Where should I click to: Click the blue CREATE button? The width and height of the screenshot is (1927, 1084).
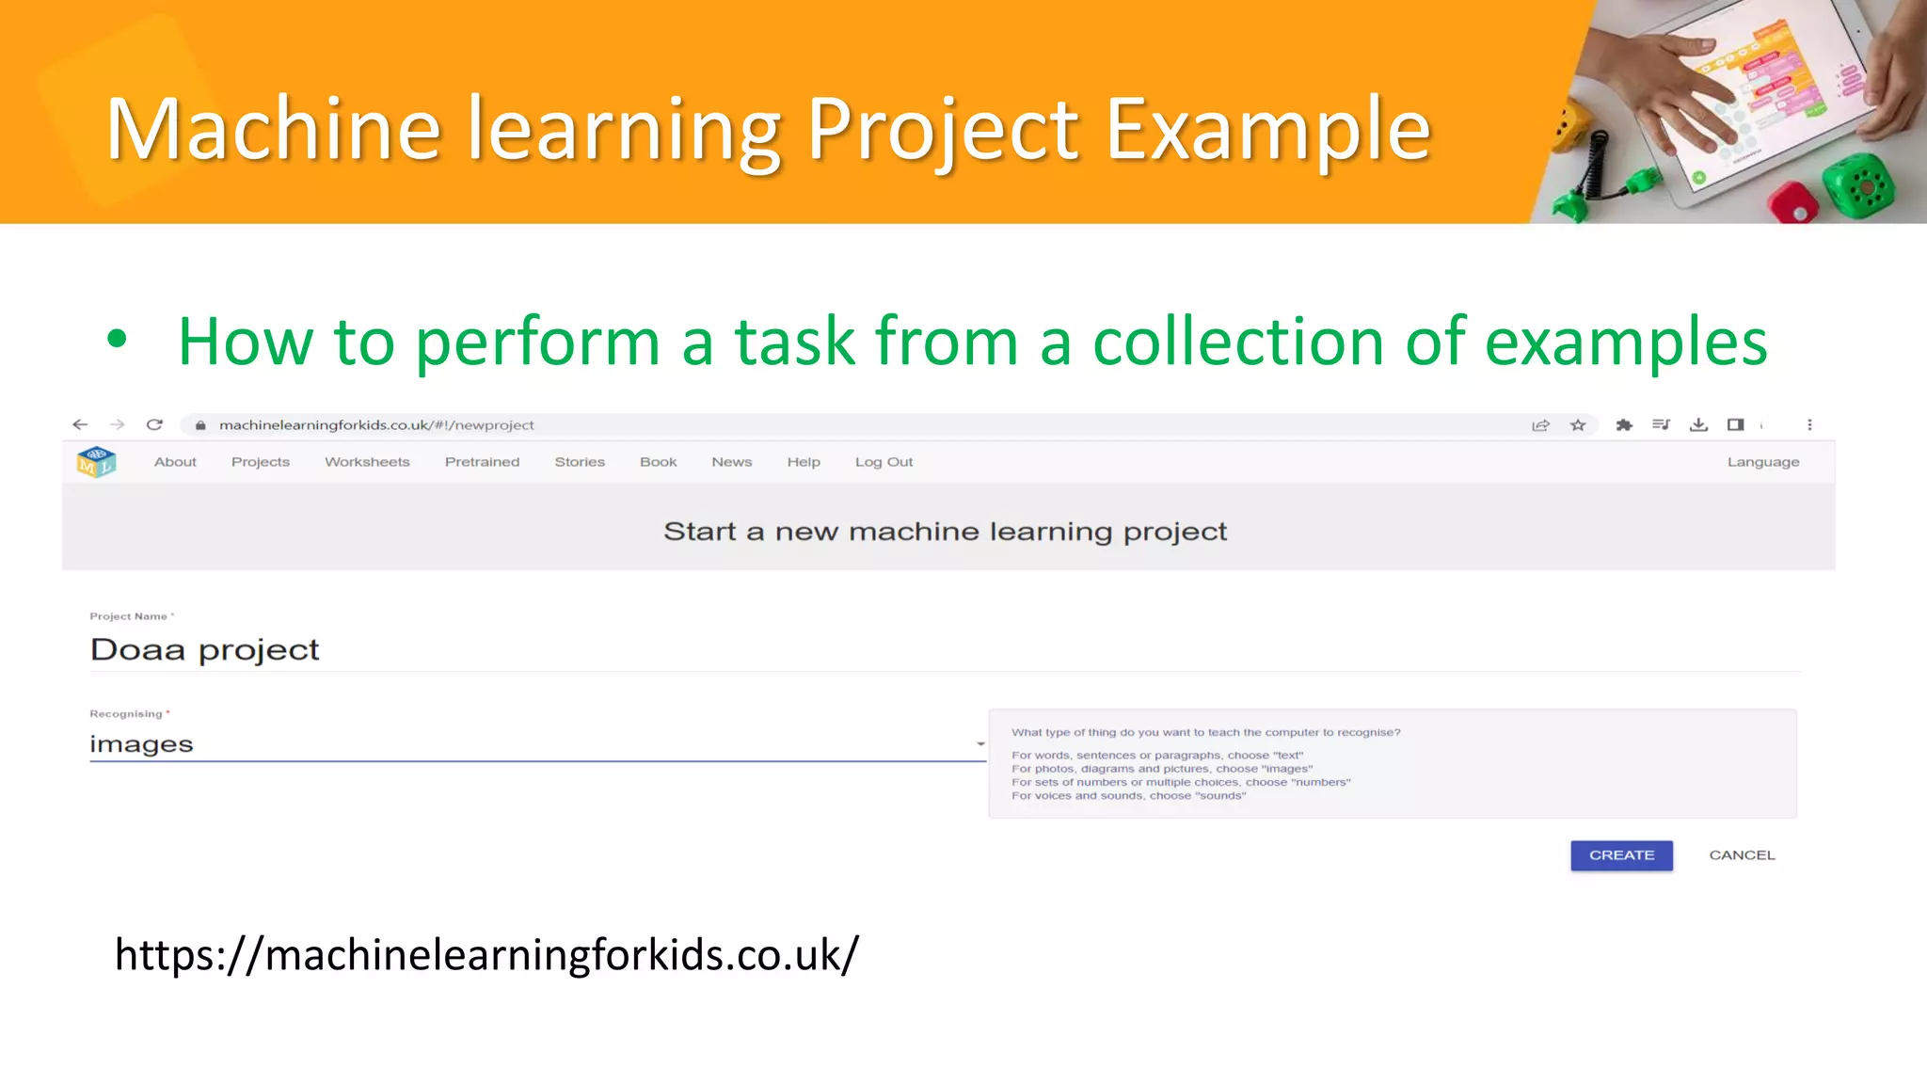1621,855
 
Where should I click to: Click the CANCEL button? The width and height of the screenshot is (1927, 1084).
1742,855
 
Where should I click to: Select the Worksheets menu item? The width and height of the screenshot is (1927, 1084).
367,462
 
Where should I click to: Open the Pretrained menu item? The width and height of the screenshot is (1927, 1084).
482,462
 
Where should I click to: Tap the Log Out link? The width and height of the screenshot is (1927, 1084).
884,462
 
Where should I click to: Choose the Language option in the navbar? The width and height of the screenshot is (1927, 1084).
1762,462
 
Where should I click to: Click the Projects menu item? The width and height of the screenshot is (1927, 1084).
261,462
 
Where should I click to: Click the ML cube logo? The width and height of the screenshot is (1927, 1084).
96,462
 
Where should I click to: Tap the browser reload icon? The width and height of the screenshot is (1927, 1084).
155,425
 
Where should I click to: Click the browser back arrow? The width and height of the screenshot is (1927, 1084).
80,425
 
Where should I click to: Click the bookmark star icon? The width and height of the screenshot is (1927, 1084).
1578,425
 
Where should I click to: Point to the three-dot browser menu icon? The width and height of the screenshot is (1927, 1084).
1809,425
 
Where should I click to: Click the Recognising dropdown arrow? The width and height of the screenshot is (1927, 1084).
980,744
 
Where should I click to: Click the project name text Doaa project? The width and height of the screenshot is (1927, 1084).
205,650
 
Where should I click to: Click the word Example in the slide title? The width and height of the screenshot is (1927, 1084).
1267,129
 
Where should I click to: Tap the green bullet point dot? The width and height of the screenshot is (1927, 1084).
117,339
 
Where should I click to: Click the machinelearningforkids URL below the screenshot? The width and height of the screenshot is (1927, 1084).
486,955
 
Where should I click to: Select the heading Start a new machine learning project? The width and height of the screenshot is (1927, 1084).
945,532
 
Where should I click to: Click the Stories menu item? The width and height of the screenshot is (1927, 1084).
580,462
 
